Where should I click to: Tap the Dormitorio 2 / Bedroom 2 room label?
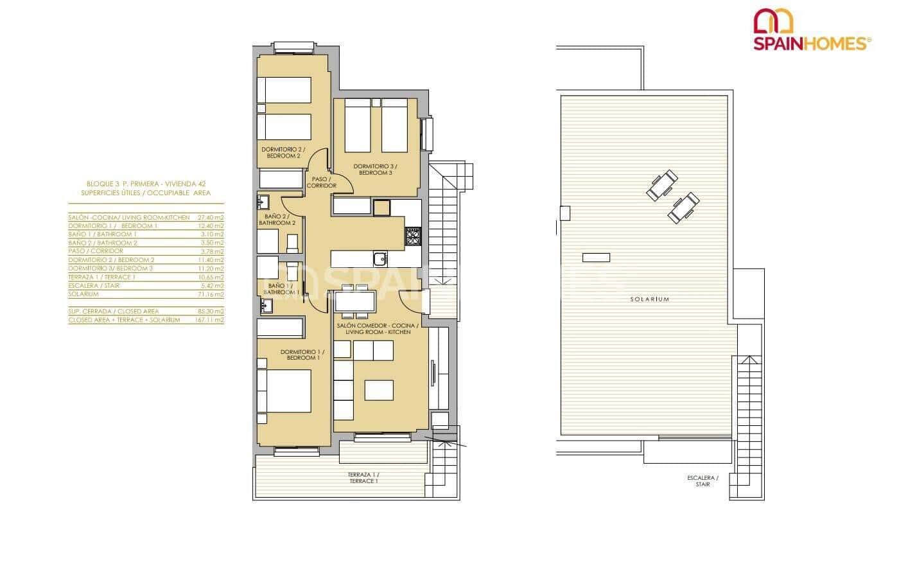(x=281, y=153)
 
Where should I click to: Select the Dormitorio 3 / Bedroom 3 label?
(x=375, y=170)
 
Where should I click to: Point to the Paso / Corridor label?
(x=322, y=182)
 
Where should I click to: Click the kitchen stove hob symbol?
(x=412, y=237)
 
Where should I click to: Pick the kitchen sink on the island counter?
(x=380, y=258)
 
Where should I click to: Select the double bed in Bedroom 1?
(x=284, y=391)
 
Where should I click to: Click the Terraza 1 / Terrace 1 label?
(x=363, y=477)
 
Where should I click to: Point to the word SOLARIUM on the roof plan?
(x=649, y=299)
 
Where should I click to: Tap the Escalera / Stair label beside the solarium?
(x=703, y=481)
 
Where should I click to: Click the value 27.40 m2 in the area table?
(x=211, y=218)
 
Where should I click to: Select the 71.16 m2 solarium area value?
(x=211, y=294)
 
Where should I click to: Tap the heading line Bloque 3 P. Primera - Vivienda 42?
(x=146, y=183)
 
